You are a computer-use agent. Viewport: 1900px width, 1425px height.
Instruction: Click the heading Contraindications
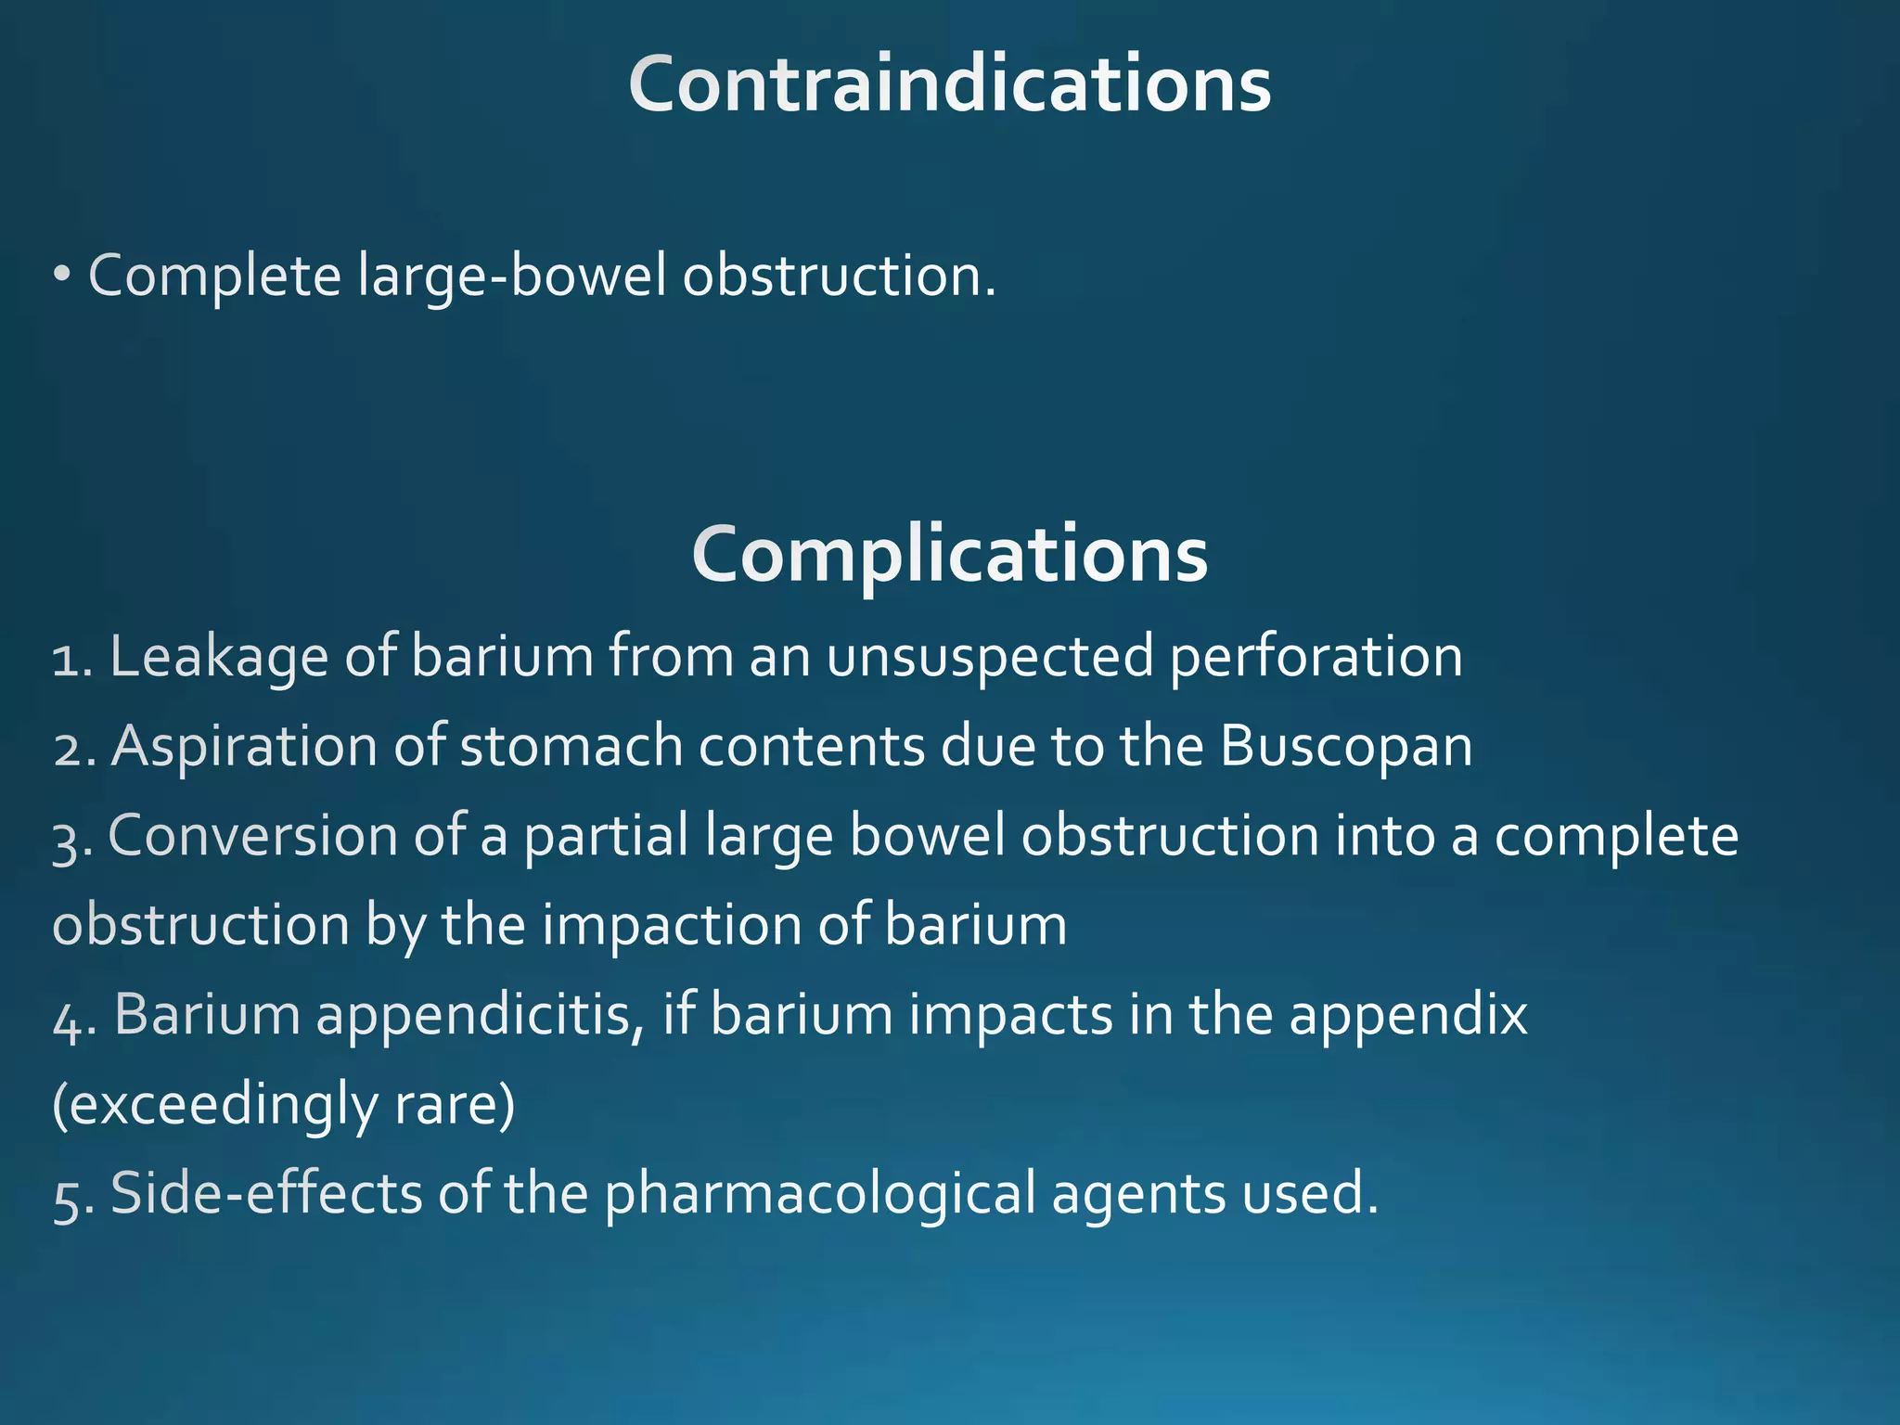(x=949, y=84)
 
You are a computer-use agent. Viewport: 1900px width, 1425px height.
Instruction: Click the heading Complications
(x=949, y=554)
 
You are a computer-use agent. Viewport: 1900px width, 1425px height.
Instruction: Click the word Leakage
(x=219, y=657)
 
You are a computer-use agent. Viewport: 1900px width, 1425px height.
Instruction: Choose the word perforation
(x=1315, y=657)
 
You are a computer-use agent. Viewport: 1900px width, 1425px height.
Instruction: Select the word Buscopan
(x=1345, y=746)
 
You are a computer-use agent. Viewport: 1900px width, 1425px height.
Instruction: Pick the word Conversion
(x=252, y=835)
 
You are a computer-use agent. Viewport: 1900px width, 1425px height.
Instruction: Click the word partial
(x=606, y=835)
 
